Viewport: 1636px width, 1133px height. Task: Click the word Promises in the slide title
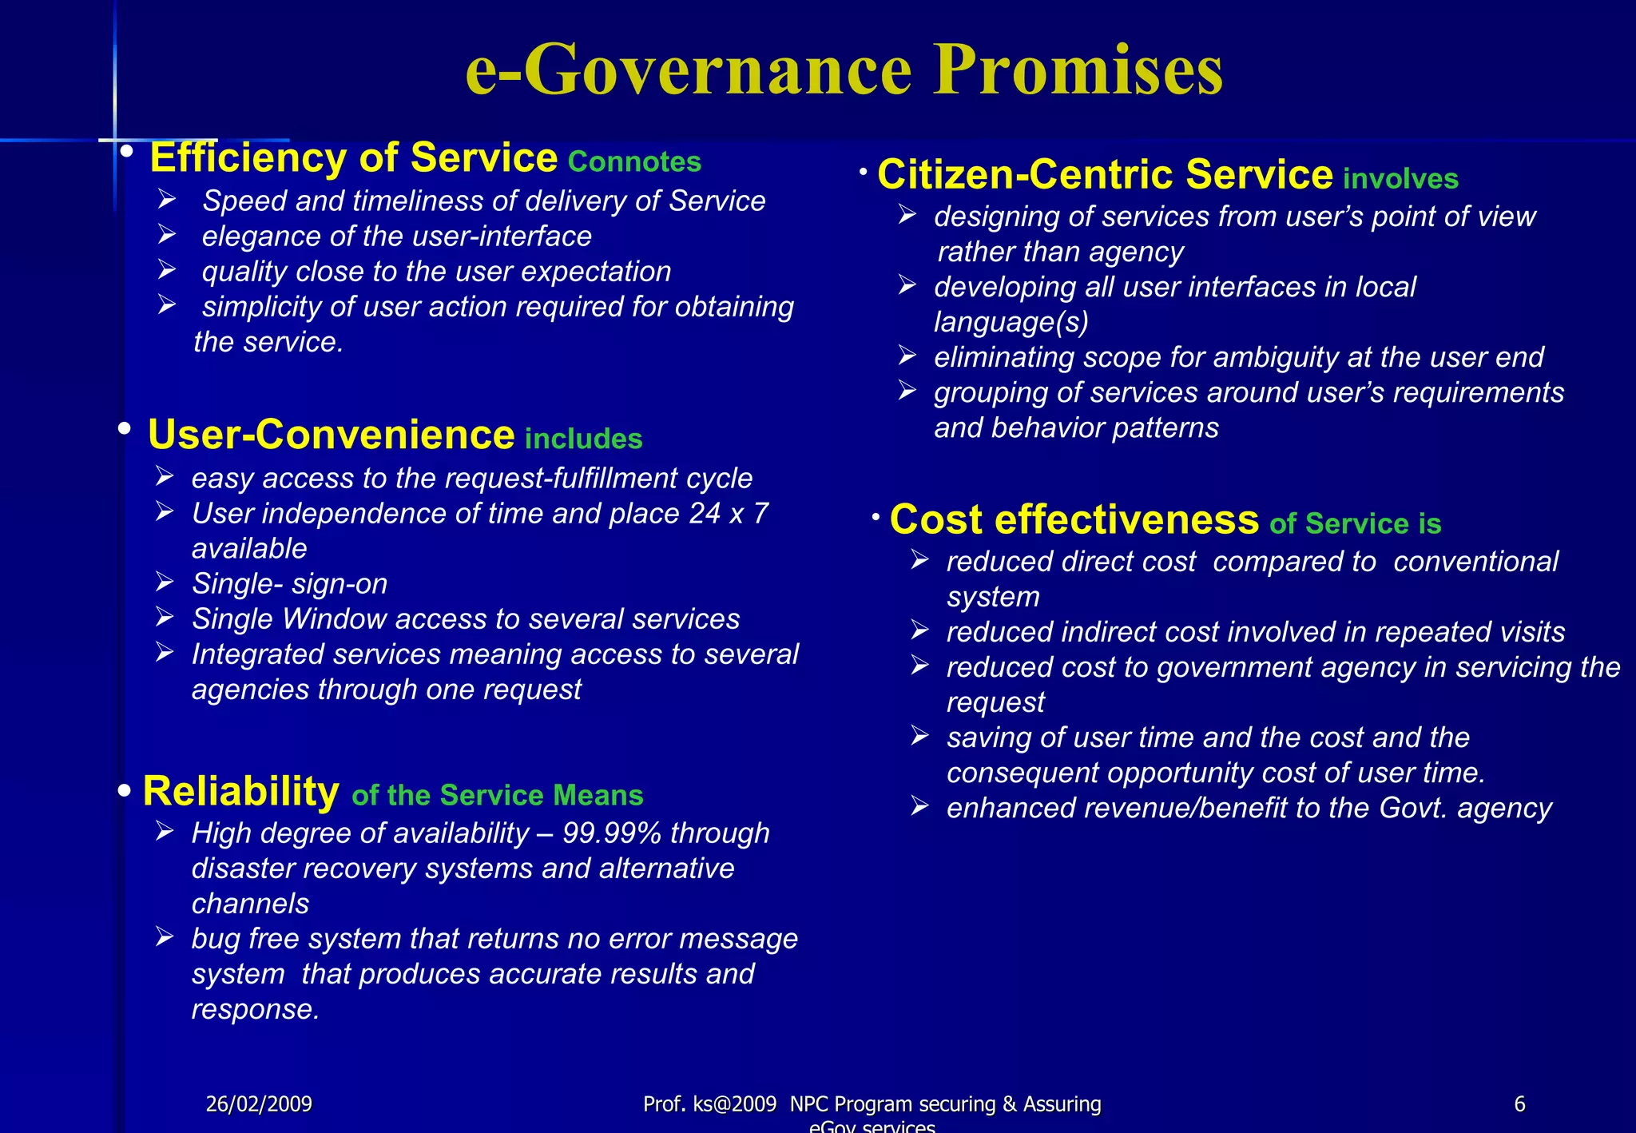click(1078, 70)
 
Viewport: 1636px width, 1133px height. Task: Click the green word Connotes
click(634, 162)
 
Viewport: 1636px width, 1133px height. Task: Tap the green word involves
click(1400, 179)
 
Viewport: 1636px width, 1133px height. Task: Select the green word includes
click(583, 439)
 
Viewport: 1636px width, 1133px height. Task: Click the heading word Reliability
click(240, 792)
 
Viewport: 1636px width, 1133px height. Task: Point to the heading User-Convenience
click(331, 435)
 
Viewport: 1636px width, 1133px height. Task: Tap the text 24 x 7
click(728, 514)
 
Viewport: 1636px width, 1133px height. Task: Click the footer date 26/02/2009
click(259, 1104)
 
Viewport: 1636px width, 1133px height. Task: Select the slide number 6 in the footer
click(1519, 1104)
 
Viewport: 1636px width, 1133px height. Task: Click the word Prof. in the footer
click(665, 1104)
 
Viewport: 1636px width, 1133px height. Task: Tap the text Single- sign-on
click(289, 584)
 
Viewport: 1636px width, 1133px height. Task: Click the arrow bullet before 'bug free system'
click(165, 937)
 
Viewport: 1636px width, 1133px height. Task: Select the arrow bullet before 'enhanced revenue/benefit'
click(919, 807)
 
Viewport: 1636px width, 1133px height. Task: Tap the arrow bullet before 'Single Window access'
click(165, 618)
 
